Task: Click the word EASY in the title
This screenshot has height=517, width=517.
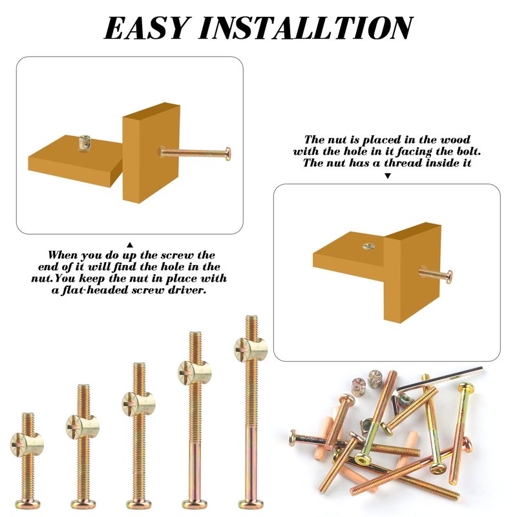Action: pyautogui.click(x=147, y=28)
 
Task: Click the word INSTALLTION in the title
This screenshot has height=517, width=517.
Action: pyautogui.click(x=306, y=28)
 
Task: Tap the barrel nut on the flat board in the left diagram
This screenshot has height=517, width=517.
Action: pyautogui.click(x=85, y=142)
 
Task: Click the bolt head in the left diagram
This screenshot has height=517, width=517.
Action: pyautogui.click(x=227, y=154)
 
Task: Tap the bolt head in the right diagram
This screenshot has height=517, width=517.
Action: pyautogui.click(x=448, y=277)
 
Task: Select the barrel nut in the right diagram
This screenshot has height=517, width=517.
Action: pyautogui.click(x=368, y=246)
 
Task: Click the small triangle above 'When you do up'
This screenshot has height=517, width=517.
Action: pyautogui.click(x=130, y=245)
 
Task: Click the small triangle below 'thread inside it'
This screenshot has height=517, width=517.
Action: pyautogui.click(x=388, y=176)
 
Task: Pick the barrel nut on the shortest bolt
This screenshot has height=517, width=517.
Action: pyautogui.click(x=27, y=445)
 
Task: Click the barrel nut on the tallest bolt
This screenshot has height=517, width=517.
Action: pyautogui.click(x=251, y=350)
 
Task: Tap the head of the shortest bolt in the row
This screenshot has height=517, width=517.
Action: pyautogui.click(x=28, y=504)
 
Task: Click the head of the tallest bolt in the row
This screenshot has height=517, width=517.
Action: pyautogui.click(x=251, y=504)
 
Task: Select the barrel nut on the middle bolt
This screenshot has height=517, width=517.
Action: pyautogui.click(x=138, y=404)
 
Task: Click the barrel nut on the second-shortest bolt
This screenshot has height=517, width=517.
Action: pyautogui.click(x=83, y=427)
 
